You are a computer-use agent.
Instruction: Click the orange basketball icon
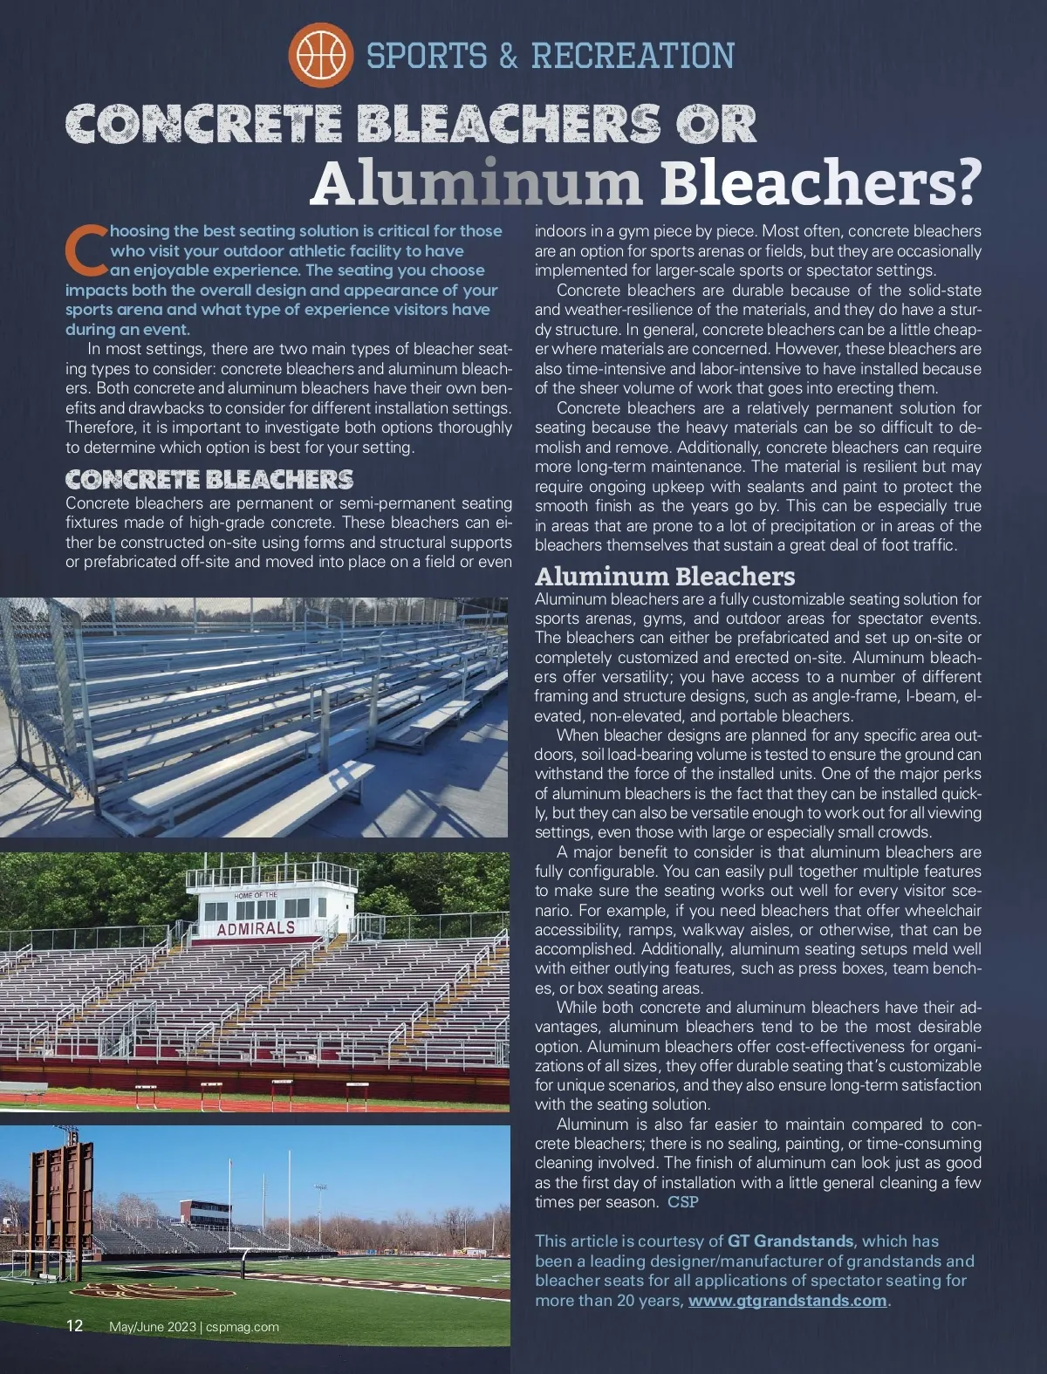point(320,55)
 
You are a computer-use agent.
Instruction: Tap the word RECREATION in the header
point(633,56)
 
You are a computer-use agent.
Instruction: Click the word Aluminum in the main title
point(476,184)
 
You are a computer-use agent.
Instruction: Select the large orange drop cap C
point(85,247)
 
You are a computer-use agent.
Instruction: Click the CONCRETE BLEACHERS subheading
point(209,480)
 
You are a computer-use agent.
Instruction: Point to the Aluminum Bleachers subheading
point(665,577)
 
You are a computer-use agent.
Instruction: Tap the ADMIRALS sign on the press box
point(256,928)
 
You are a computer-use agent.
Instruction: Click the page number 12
point(75,1326)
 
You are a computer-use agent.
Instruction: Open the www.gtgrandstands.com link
point(787,1301)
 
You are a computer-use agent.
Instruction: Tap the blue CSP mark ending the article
point(683,1202)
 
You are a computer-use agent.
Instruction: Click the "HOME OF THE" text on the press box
point(256,895)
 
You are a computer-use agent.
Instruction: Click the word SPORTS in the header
point(427,56)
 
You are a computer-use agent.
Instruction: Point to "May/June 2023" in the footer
point(152,1327)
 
